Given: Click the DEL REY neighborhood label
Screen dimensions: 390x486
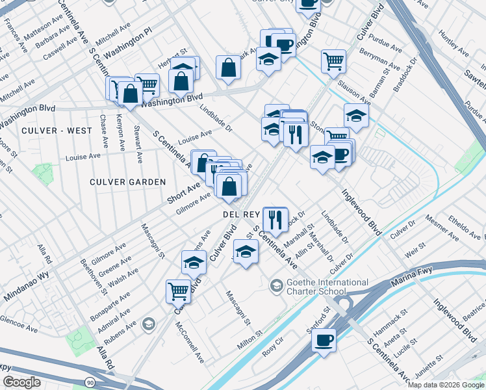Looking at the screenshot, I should (242, 213).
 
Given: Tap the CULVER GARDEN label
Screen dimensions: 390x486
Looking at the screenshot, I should (128, 182).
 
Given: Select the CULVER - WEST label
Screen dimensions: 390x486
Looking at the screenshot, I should (57, 131).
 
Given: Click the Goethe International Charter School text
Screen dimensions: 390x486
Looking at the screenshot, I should (326, 287).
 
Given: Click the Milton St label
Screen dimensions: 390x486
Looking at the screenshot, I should (249, 339).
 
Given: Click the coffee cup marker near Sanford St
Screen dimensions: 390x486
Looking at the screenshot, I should (324, 340).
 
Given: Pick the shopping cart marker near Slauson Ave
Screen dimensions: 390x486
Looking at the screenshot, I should (333, 61).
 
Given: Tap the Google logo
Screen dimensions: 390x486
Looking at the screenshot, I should (21, 382).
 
